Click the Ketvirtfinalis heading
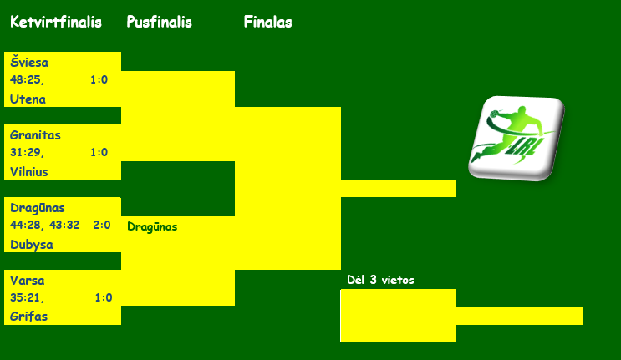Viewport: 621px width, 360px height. (56, 22)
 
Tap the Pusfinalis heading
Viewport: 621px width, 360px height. (159, 22)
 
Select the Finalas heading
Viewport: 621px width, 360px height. (267, 22)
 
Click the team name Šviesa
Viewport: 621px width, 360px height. (29, 62)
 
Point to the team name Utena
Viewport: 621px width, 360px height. (28, 99)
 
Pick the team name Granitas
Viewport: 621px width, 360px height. (35, 135)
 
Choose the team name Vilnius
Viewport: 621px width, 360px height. (29, 172)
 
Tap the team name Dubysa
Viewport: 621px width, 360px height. (31, 245)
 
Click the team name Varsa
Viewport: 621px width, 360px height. (27, 281)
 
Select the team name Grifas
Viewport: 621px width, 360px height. (28, 317)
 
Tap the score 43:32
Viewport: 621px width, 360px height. (64, 225)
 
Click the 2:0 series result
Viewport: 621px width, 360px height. (102, 225)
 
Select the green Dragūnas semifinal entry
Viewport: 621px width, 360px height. (152, 226)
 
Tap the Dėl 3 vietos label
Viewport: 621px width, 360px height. (380, 280)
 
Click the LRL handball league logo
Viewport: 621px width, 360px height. (517, 138)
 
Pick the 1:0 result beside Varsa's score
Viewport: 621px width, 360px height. (104, 297)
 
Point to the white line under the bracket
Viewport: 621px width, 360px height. (178, 342)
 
